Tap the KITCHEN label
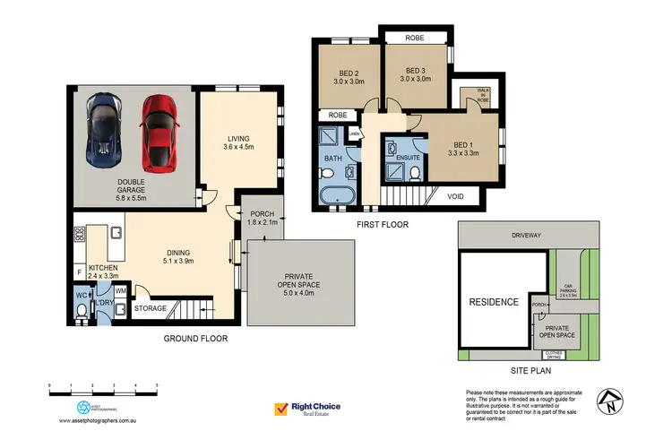(103, 271)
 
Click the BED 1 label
(464, 147)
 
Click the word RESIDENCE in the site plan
(494, 302)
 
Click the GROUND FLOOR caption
(195, 339)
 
